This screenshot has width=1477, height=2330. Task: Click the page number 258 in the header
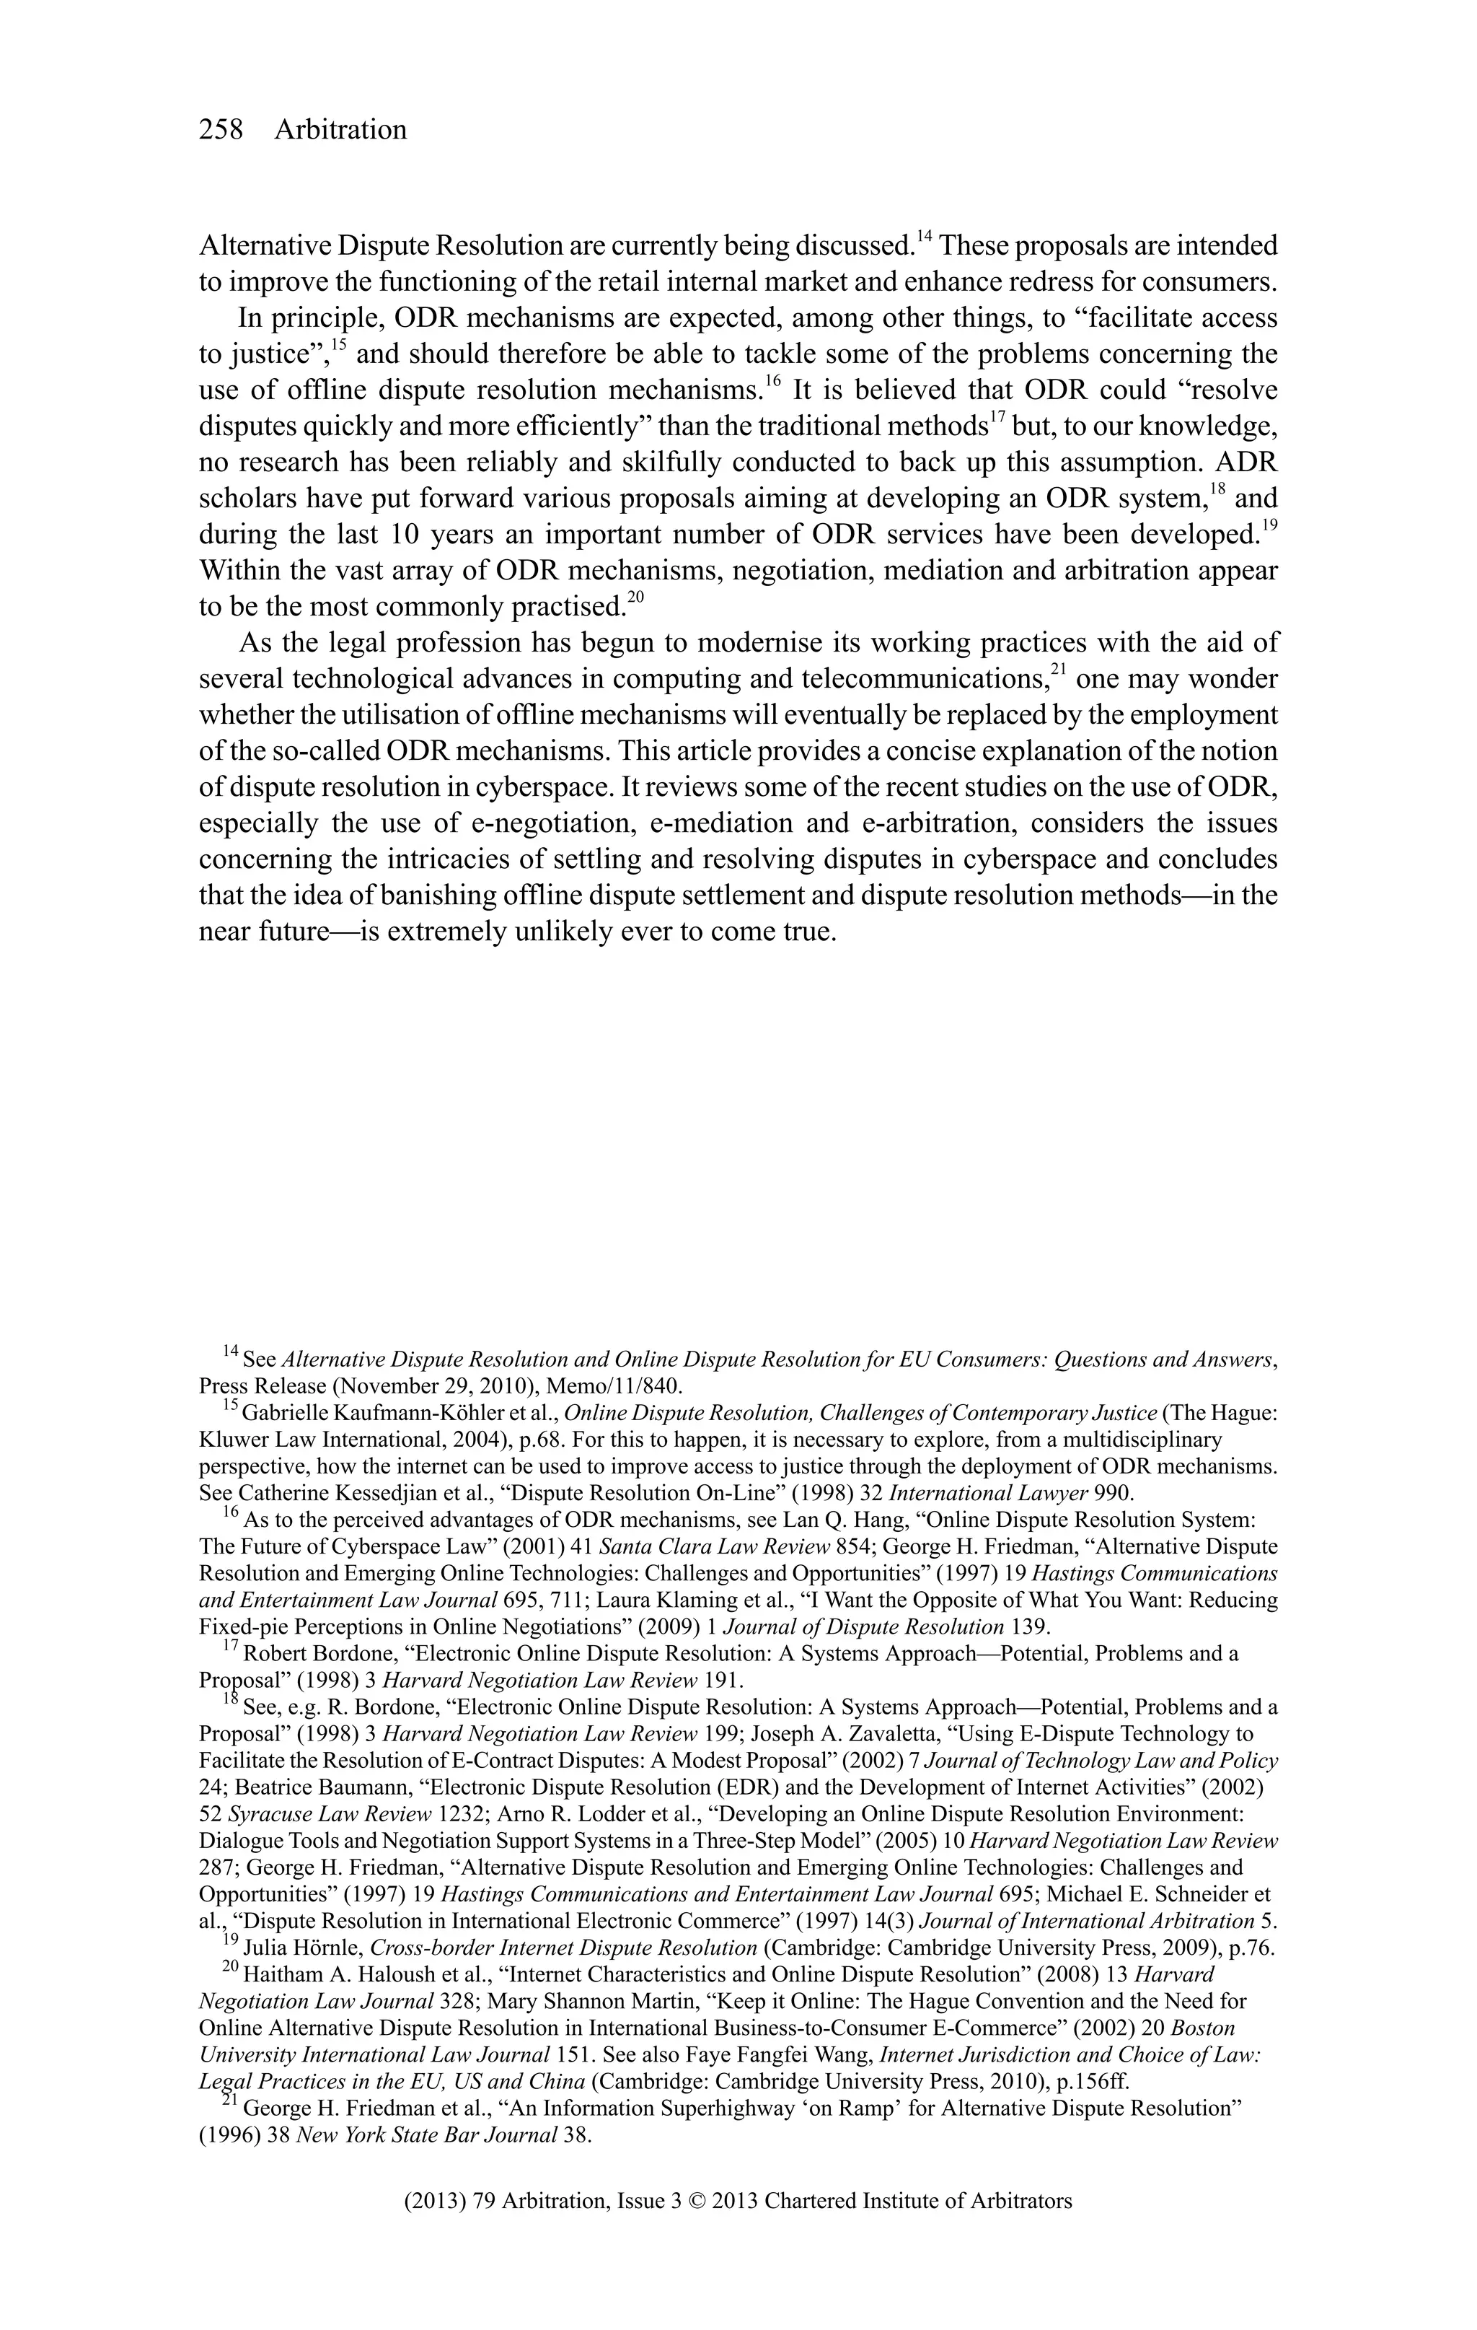[221, 130]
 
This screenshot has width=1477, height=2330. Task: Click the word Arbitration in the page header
[340, 130]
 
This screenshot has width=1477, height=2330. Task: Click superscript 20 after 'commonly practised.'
[635, 599]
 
